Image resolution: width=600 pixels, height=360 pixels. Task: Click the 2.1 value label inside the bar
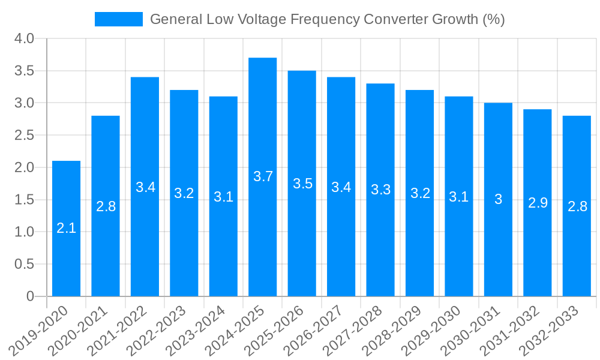(x=66, y=228)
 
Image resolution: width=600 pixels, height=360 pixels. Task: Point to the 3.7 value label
(x=263, y=176)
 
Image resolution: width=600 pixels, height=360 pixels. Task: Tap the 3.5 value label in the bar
(x=302, y=184)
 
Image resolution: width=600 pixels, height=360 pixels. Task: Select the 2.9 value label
(x=538, y=203)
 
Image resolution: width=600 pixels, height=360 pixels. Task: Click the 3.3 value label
(x=380, y=190)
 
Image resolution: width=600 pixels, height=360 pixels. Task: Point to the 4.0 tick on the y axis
(x=23, y=39)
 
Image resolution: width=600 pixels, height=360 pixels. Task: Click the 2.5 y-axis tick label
(x=23, y=136)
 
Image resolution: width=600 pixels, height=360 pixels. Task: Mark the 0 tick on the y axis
(x=30, y=296)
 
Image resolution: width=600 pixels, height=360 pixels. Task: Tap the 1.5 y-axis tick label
(x=23, y=200)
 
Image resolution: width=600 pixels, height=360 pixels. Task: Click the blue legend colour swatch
(x=118, y=19)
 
